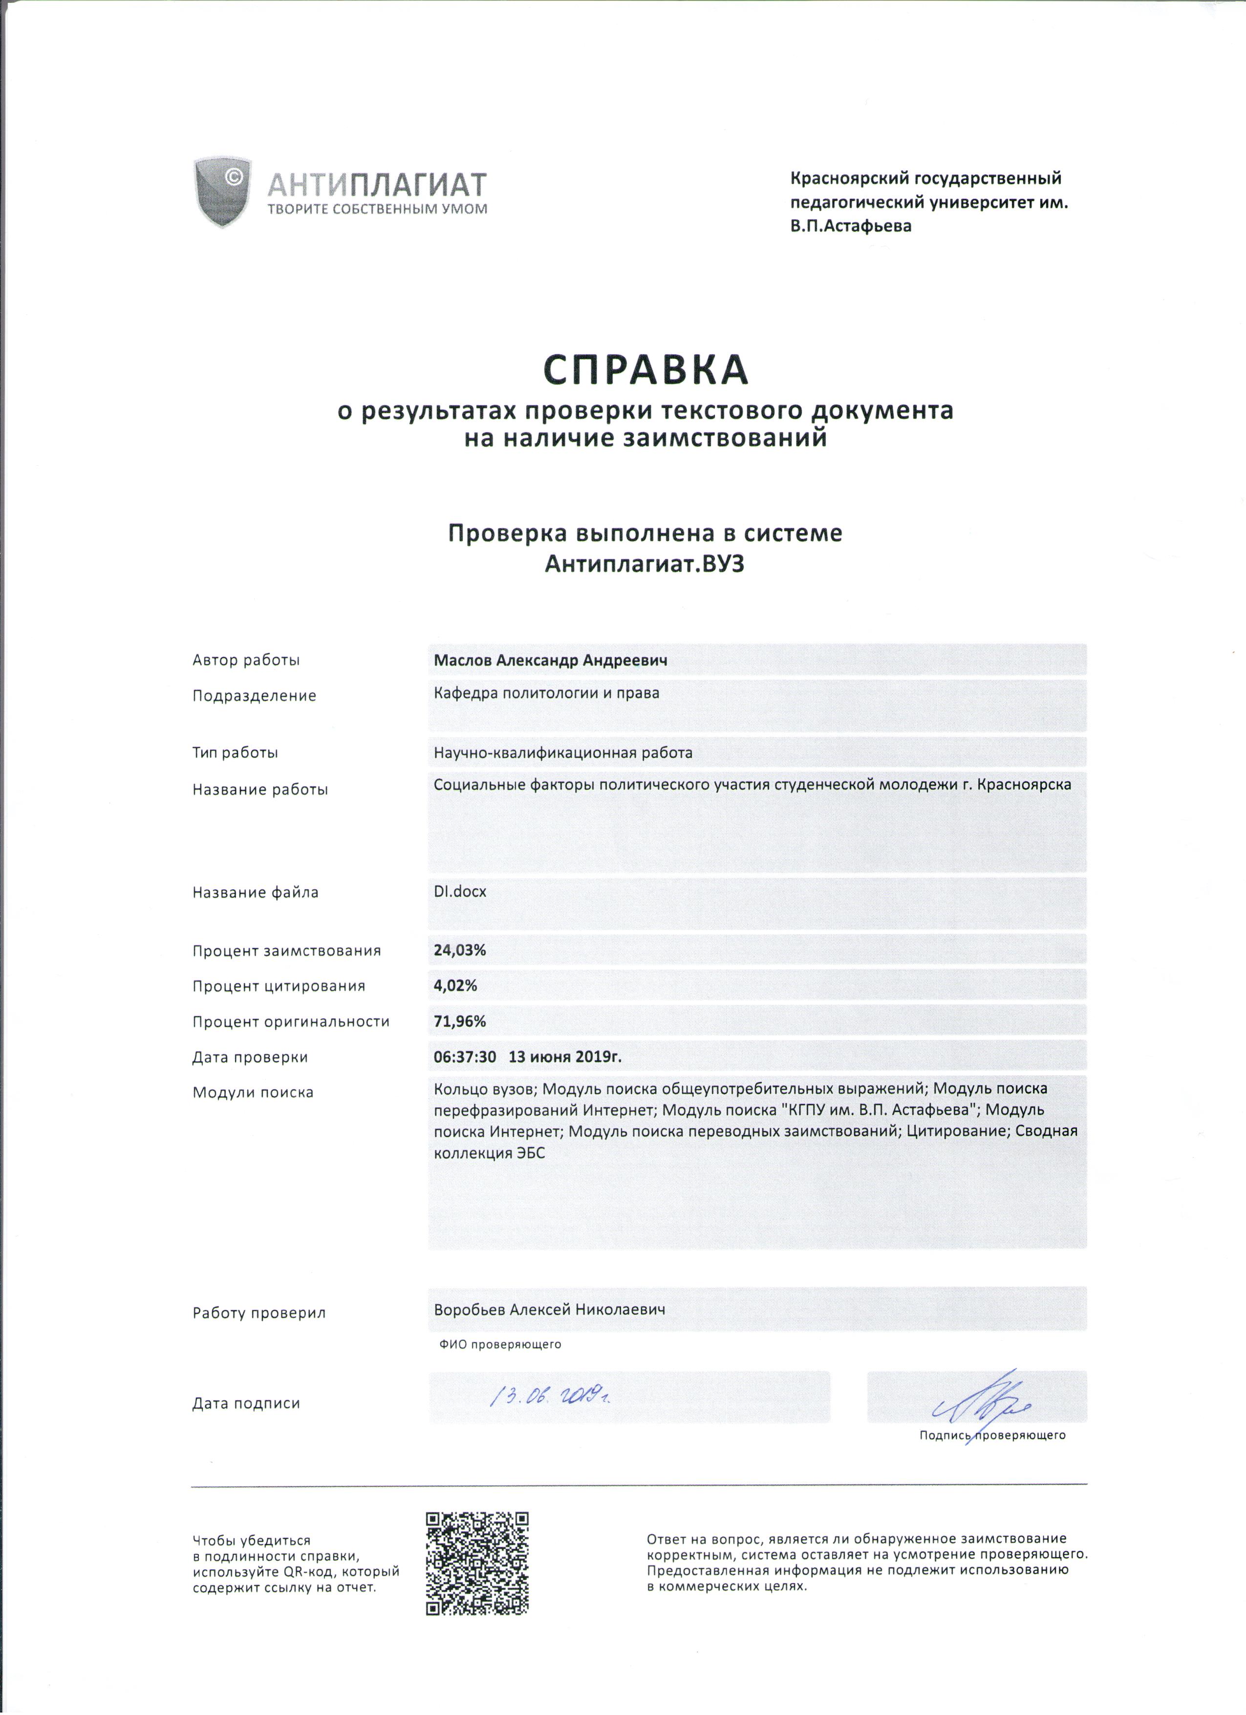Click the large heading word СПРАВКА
click(645, 369)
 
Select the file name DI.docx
click(460, 892)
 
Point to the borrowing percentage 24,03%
click(459, 950)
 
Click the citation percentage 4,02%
click(455, 986)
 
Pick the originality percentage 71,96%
click(459, 1022)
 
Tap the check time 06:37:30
click(464, 1057)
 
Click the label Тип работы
click(235, 753)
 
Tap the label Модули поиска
click(253, 1093)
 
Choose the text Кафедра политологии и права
click(546, 693)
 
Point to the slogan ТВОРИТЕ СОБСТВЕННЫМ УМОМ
click(377, 209)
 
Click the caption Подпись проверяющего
click(992, 1435)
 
